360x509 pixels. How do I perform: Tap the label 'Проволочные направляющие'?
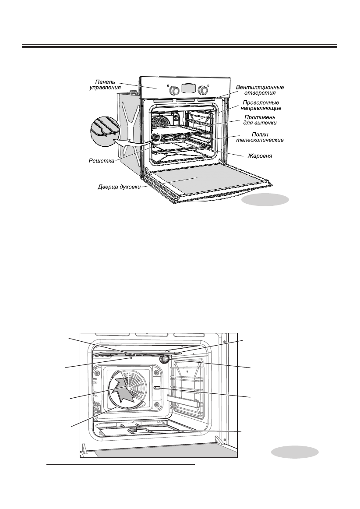261,105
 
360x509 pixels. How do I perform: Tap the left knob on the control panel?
174,90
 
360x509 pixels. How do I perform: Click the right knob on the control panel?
202,90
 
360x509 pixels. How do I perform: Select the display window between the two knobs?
188,88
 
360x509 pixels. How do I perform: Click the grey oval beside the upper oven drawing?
265,200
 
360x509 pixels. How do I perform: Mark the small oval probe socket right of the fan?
157,388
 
